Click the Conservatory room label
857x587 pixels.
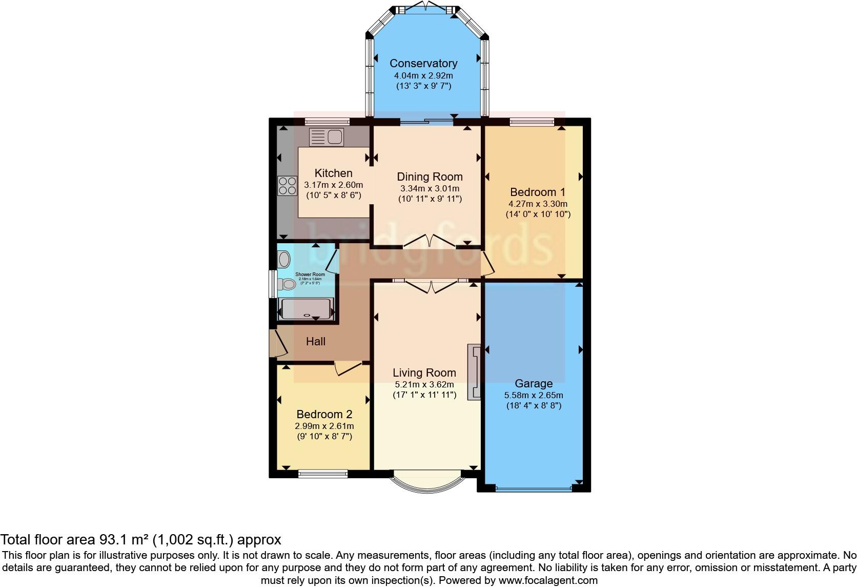point(423,64)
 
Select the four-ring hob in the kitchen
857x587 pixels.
point(288,185)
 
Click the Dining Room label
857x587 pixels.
point(430,177)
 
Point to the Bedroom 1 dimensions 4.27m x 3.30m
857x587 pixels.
point(538,204)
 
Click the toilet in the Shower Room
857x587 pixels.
point(288,284)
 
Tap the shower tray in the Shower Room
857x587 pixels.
point(306,309)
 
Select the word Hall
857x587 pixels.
point(316,342)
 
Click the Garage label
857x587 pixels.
point(534,384)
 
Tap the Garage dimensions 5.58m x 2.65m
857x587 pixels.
point(534,396)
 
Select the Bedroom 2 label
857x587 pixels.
point(324,415)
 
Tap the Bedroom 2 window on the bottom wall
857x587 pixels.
point(323,474)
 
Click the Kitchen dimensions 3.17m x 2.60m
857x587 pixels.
point(333,185)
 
